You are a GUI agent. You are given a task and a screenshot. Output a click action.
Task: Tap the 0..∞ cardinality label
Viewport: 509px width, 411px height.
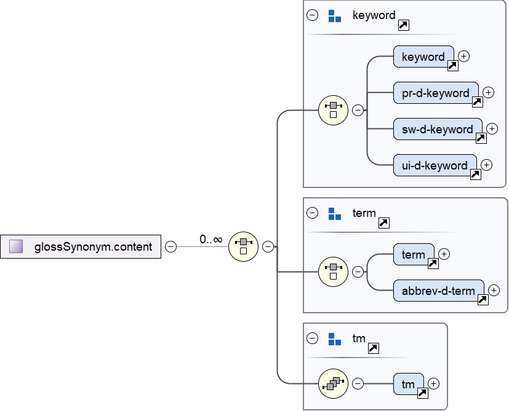[210, 240]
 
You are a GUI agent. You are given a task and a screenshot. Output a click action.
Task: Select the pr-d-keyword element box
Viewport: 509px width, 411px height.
[436, 93]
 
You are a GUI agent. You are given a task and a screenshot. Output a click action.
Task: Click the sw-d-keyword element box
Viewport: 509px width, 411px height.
[438, 130]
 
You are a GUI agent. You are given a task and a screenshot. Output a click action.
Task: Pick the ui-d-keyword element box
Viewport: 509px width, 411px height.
[435, 166]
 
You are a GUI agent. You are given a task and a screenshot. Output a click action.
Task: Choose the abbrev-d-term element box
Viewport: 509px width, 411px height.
[438, 291]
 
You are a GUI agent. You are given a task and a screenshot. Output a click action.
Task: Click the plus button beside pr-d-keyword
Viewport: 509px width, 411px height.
[488, 92]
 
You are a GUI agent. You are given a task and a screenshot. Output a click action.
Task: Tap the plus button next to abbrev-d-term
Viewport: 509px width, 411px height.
[494, 290]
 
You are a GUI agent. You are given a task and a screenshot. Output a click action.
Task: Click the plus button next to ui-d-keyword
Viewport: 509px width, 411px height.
[486, 165]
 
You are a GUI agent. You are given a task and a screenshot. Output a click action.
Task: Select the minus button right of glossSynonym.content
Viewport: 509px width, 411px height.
[171, 247]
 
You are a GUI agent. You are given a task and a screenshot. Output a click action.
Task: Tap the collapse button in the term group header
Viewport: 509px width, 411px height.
[313, 214]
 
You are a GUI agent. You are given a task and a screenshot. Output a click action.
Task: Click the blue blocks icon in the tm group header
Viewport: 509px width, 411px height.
[335, 339]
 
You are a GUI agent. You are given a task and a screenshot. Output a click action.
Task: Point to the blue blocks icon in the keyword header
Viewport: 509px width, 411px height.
[335, 16]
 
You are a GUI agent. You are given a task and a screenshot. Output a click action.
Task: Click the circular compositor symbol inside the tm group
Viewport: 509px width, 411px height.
[333, 384]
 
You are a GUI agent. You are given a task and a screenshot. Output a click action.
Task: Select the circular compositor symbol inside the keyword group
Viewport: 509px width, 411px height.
[333, 111]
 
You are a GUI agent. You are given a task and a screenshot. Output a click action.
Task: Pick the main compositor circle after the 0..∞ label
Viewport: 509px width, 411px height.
[243, 247]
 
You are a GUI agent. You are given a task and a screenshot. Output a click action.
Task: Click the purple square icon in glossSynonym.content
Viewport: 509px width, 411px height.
[17, 247]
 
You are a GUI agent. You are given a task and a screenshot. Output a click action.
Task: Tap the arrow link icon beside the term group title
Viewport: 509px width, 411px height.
[383, 223]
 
